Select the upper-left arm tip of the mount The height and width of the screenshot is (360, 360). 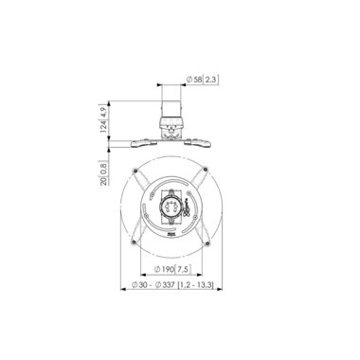[x=139, y=171]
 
